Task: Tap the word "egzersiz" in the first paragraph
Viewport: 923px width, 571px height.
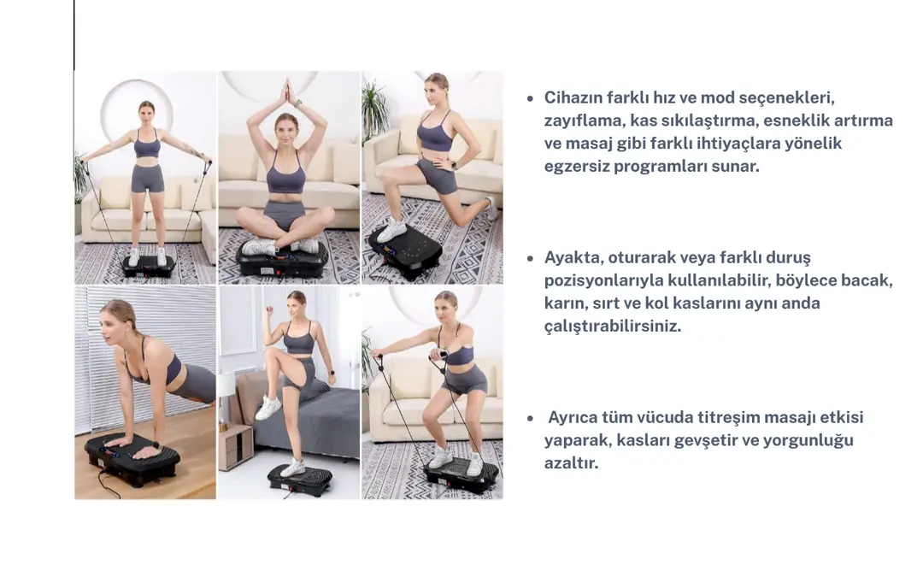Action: [x=576, y=167]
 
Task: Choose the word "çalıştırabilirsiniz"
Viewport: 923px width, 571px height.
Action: [x=612, y=327]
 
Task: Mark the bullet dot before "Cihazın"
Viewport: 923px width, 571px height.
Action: [x=531, y=98]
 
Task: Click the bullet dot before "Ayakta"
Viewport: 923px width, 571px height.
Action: [x=531, y=258]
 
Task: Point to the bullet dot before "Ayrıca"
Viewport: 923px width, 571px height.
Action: [x=531, y=419]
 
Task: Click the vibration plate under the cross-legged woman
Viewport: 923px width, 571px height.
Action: [x=283, y=260]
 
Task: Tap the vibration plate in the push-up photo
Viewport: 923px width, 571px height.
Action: [x=132, y=458]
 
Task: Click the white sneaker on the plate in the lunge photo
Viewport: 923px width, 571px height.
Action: [x=391, y=230]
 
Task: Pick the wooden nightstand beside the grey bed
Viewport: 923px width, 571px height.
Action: [x=236, y=446]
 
